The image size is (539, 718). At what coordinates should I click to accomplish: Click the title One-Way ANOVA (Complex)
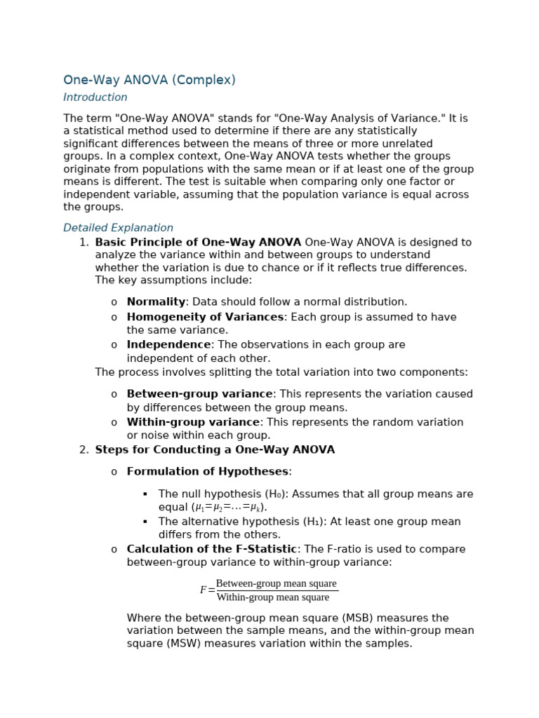point(149,81)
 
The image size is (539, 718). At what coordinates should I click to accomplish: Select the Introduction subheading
point(95,97)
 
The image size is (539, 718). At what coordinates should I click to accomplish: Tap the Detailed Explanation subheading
point(118,228)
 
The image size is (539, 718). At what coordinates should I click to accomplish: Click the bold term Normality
point(156,302)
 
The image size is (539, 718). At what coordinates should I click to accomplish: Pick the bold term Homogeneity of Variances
point(205,317)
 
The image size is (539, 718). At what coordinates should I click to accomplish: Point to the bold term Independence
point(168,345)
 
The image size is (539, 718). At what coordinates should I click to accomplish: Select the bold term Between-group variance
point(199,394)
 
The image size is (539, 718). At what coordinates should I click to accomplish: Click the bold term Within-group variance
point(193,422)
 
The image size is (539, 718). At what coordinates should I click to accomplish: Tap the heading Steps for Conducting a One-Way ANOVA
point(215,450)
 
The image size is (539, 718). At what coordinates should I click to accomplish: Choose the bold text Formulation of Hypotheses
point(207,472)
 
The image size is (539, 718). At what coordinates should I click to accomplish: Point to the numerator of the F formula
point(276,583)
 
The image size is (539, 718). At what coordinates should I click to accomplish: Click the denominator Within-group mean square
point(272,597)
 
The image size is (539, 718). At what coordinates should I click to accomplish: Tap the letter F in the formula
point(204,590)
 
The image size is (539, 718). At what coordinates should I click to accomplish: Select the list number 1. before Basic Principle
point(84,243)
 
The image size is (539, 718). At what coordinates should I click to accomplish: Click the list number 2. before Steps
point(84,450)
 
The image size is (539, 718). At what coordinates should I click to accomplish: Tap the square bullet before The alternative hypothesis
point(145,522)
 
